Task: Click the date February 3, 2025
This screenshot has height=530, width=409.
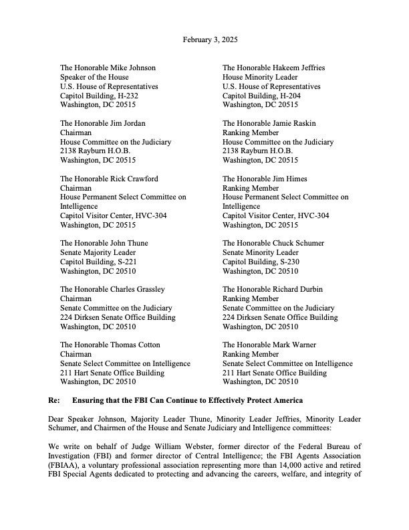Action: click(210, 40)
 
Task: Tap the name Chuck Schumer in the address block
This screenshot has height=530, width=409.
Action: click(295, 243)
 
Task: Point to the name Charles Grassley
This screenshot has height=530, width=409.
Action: click(138, 289)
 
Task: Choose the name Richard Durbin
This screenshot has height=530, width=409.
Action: click(298, 289)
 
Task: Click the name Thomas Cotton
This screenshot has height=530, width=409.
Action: click(136, 345)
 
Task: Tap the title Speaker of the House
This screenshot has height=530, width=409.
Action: click(94, 77)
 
